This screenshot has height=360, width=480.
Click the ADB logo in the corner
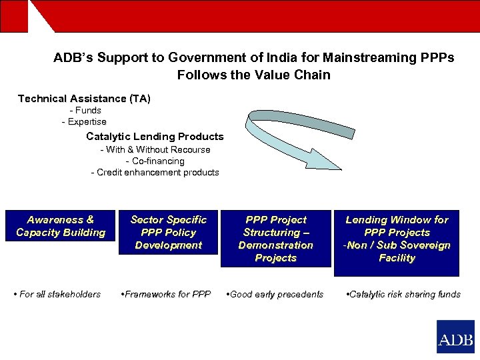point(455,337)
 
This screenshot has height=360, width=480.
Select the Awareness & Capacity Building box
point(61,226)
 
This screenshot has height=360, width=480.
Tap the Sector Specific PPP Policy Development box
point(169,233)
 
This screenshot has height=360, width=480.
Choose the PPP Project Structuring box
point(275,239)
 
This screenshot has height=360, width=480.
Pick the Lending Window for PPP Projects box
point(397,239)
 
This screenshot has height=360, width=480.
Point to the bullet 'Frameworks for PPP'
point(165,294)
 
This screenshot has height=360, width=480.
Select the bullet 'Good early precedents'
point(275,294)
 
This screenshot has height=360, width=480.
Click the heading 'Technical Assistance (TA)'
point(84,99)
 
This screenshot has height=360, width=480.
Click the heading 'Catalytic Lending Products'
point(155,137)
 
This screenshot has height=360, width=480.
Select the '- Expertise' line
point(84,122)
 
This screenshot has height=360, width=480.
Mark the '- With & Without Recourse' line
point(155,150)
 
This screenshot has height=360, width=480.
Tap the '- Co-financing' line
point(155,161)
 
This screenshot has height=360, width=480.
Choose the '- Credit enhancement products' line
point(155,173)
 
